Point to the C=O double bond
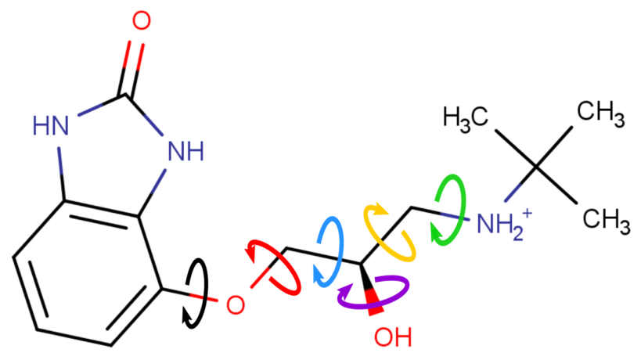[x=134, y=67]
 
